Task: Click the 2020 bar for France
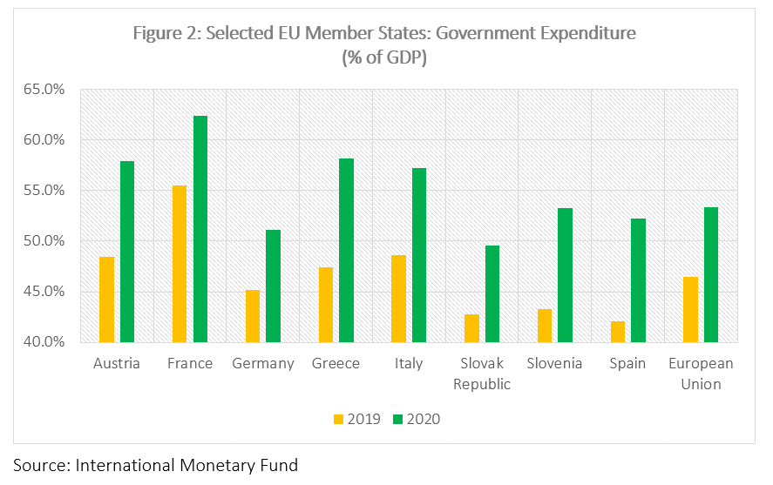200,228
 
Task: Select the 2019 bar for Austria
106,299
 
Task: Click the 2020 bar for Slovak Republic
492,293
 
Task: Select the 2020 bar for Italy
419,254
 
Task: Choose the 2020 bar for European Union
711,274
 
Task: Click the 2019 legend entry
356,419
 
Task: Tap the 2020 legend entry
417,419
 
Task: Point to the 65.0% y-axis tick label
46,89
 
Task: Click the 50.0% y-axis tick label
46,240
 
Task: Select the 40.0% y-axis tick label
46,341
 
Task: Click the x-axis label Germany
262,363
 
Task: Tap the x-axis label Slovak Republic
482,373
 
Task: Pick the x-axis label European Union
701,373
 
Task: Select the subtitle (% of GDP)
384,57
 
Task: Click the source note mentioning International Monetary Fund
155,465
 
